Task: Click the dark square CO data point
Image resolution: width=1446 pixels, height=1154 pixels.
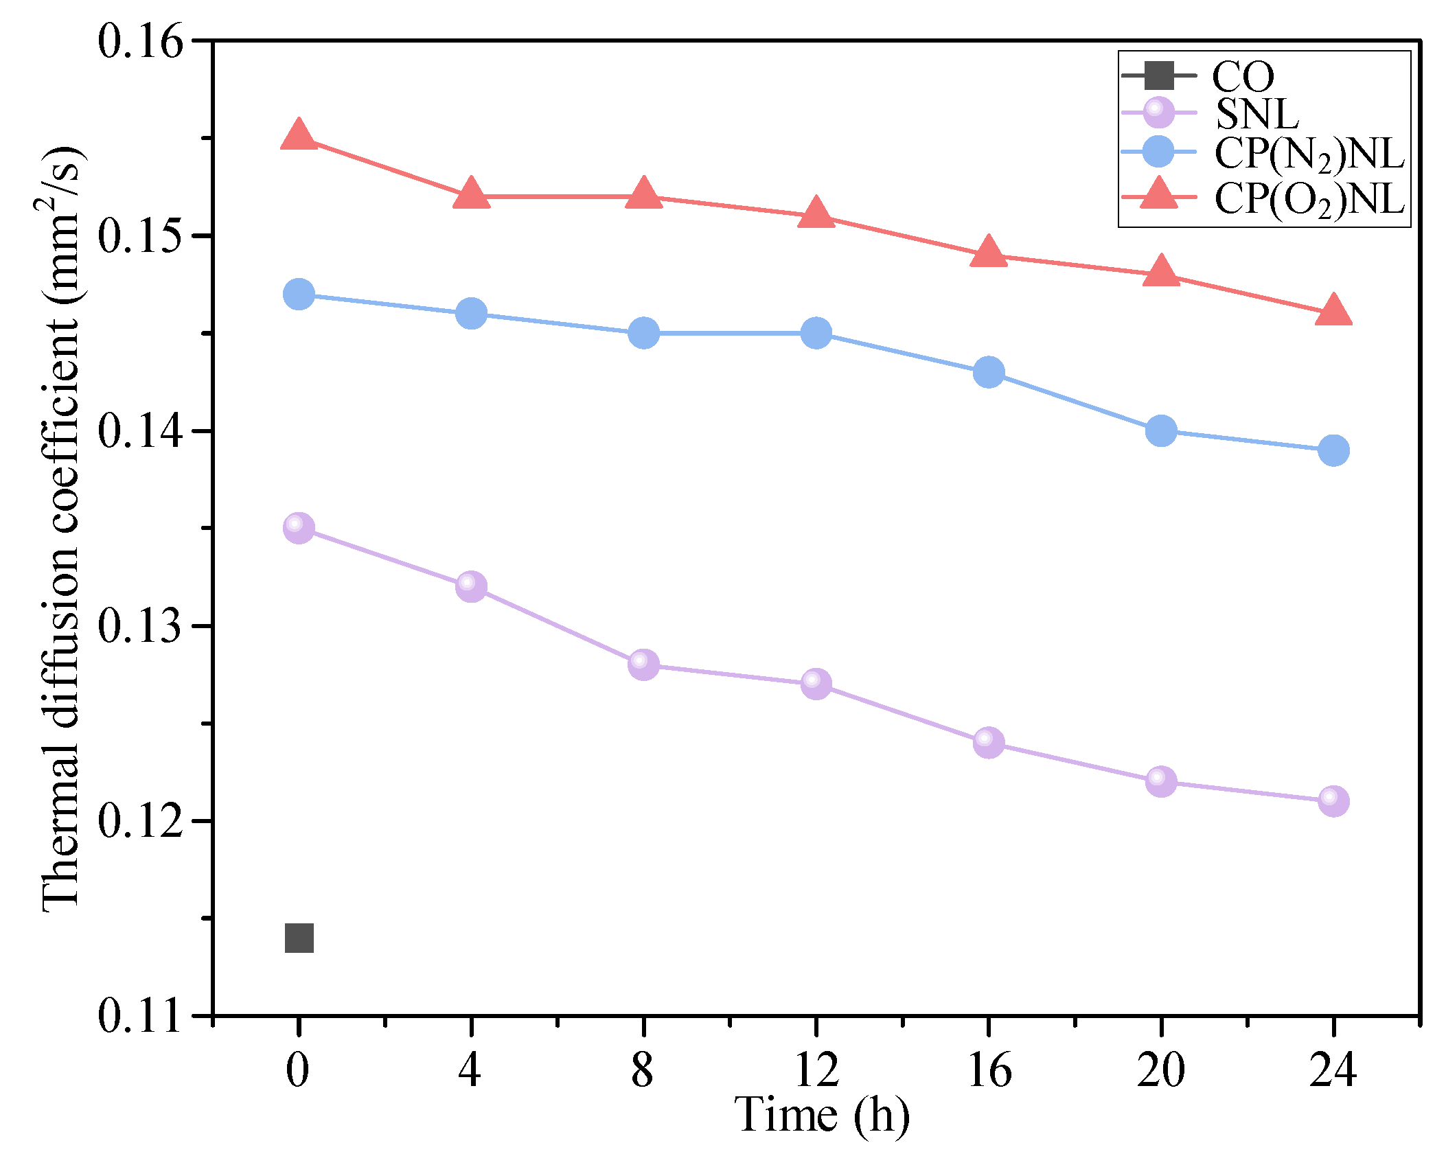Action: (x=299, y=938)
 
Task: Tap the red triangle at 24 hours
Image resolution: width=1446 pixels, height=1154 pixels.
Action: (x=1333, y=310)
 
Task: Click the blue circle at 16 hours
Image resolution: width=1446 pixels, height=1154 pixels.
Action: (x=989, y=372)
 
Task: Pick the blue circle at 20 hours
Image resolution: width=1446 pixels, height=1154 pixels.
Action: (x=1161, y=430)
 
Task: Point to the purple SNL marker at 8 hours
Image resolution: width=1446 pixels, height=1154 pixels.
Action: (x=643, y=665)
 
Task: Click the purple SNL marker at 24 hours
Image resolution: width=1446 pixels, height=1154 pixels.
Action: (x=1333, y=801)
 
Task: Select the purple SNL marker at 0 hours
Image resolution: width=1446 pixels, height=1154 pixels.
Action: (x=299, y=528)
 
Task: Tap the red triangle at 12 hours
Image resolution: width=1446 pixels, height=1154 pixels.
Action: (x=816, y=213)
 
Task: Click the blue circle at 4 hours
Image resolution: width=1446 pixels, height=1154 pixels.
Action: (x=471, y=314)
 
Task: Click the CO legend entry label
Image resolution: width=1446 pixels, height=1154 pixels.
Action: (x=1243, y=76)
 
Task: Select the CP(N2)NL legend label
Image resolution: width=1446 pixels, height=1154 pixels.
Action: (x=1309, y=154)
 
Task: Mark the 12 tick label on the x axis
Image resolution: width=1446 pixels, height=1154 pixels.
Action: (x=816, y=1070)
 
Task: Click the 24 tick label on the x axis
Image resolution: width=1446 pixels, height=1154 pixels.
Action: (x=1333, y=1070)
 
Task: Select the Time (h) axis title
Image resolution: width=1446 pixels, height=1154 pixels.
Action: (x=822, y=1115)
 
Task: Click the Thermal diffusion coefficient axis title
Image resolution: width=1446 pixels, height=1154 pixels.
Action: (x=62, y=529)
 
